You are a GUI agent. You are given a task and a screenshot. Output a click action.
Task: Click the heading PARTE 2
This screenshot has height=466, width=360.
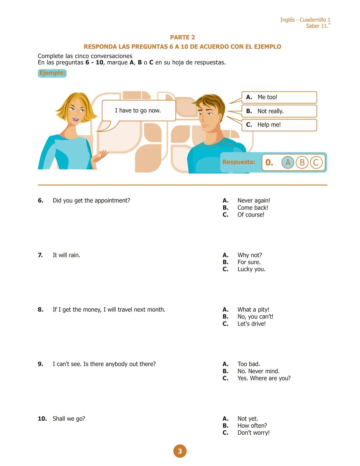pyautogui.click(x=182, y=37)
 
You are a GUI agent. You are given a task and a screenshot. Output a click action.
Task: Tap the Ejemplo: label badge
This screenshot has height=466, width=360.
pyautogui.click(x=52, y=73)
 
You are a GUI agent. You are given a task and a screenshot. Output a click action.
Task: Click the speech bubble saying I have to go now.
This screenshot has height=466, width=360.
pyautogui.click(x=138, y=110)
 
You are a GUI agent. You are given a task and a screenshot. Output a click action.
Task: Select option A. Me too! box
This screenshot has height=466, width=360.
pyautogui.click(x=279, y=97)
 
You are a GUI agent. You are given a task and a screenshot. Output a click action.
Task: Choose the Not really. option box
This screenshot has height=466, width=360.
pyautogui.click(x=279, y=111)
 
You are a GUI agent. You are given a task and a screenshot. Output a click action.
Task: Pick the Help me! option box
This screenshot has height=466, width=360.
pyautogui.click(x=279, y=125)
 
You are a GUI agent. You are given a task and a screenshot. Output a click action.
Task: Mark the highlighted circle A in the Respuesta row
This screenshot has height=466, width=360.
pyautogui.click(x=288, y=162)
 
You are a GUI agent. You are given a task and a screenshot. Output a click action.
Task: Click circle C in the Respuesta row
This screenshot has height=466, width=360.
pyautogui.click(x=316, y=162)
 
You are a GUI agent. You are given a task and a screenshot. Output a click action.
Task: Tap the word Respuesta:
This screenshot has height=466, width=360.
pyautogui.click(x=239, y=162)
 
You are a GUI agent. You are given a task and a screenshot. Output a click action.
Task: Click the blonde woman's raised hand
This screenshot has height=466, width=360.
pyautogui.click(x=102, y=155)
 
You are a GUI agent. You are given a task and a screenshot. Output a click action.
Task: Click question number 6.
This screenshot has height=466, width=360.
pyautogui.click(x=40, y=200)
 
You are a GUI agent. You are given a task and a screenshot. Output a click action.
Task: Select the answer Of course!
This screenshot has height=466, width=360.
pyautogui.click(x=251, y=215)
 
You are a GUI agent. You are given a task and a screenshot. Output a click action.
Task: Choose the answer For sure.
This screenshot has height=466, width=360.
pyautogui.click(x=249, y=262)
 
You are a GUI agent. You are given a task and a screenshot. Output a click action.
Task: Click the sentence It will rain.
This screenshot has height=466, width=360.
pyautogui.click(x=66, y=255)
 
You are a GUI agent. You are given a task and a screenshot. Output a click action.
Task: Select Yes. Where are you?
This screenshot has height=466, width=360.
pyautogui.click(x=264, y=378)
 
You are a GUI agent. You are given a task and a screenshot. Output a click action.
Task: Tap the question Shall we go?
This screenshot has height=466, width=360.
pyautogui.click(x=69, y=419)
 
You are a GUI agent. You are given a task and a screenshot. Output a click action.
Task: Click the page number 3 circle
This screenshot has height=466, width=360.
pyautogui.click(x=180, y=451)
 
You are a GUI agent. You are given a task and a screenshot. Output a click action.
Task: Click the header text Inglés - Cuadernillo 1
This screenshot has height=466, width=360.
pyautogui.click(x=305, y=20)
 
